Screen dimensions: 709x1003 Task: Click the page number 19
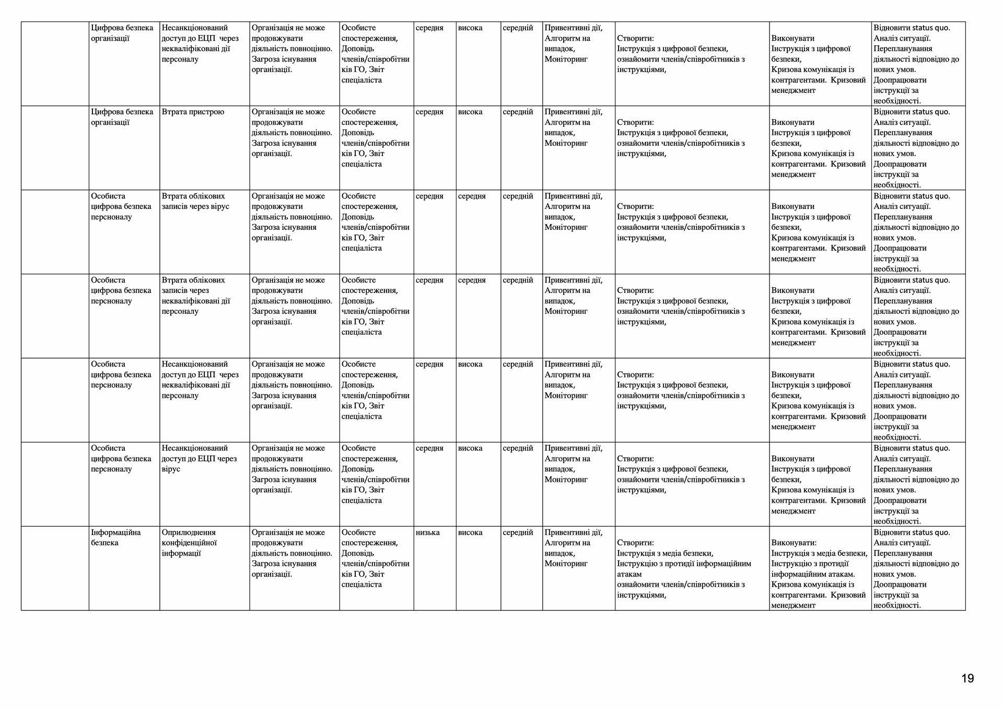point(967,678)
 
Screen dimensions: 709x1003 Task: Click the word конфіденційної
point(189,543)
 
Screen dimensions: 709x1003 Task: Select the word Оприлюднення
point(189,533)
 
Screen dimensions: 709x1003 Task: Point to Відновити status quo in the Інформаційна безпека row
point(918,569)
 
